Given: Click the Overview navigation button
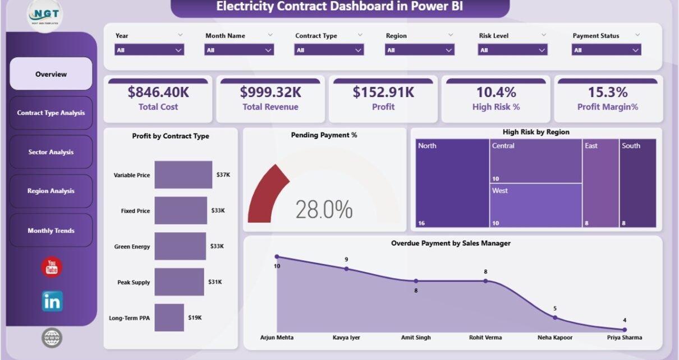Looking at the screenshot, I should point(51,74).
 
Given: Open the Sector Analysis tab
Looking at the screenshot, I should point(51,152).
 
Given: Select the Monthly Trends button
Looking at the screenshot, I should point(51,230).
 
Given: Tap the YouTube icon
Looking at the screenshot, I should point(52,267).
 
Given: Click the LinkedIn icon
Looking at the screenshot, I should point(52,302).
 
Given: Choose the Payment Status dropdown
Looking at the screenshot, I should point(606,50).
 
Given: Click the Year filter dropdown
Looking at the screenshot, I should point(149,50).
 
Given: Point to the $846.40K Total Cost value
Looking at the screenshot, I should point(158,92).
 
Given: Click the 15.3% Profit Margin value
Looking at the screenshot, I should point(608,92).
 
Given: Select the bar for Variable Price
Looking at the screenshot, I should point(183,175).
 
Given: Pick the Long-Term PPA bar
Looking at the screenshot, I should point(169,317).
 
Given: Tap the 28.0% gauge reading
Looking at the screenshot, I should point(324,210).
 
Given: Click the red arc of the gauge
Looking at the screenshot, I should point(264,191).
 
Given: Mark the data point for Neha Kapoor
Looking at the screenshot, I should point(555,317).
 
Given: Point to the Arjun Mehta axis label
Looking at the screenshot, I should point(277,338).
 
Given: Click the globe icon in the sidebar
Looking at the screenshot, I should point(52,338).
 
